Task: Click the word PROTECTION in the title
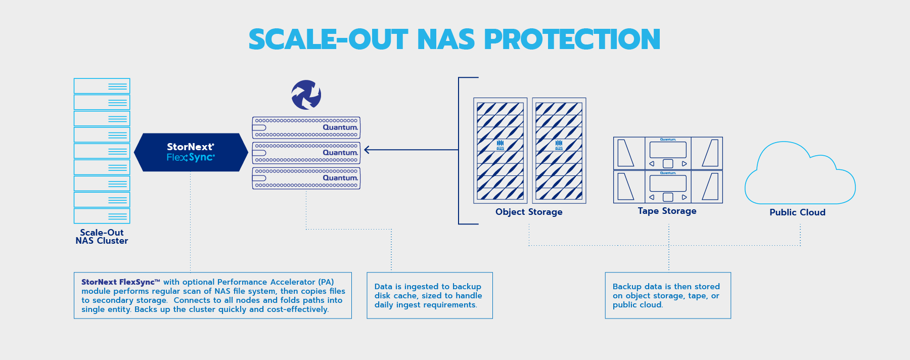pos(572,39)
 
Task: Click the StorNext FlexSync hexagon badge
pos(191,152)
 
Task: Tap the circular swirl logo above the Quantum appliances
pos(306,95)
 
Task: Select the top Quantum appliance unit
pos(306,128)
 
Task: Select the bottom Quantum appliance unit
pos(306,178)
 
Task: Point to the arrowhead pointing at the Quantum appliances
pos(367,150)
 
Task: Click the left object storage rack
pos(500,151)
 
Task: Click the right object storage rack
pos(559,151)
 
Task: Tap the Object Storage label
pos(529,212)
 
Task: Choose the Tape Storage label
pos(667,211)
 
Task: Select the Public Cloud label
pos(797,212)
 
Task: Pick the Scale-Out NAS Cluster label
pos(102,237)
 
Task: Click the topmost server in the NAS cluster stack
pos(102,86)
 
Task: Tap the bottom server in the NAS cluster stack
pos(102,216)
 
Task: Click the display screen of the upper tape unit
pos(668,150)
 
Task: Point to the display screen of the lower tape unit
pos(668,183)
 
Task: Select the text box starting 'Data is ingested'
pos(429,296)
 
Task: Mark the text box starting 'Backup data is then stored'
pos(667,296)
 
